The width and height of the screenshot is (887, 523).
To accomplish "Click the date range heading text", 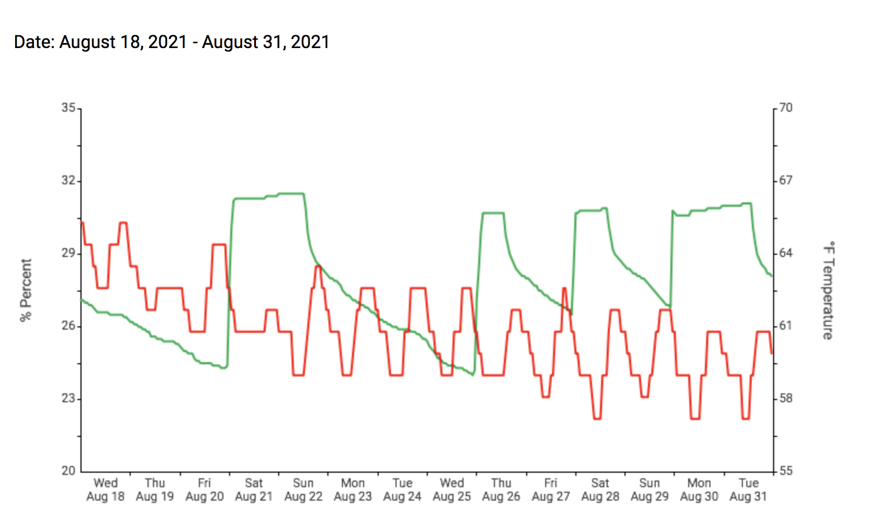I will tap(171, 42).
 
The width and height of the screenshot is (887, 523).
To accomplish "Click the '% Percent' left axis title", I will tap(26, 290).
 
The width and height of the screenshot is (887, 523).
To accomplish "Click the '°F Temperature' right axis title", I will tap(828, 290).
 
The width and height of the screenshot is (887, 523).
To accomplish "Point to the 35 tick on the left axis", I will tap(69, 107).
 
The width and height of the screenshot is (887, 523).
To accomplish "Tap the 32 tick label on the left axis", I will tap(69, 180).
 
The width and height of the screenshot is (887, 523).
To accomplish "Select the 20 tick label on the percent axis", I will tap(69, 471).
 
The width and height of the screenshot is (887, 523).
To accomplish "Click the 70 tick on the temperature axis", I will tap(786, 107).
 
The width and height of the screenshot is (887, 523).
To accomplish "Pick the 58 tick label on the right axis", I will tap(786, 398).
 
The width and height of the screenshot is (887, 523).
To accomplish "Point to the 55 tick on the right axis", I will tap(786, 471).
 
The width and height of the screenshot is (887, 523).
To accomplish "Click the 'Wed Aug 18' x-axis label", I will tap(106, 489).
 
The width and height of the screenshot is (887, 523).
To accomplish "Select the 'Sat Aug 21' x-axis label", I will tap(254, 489).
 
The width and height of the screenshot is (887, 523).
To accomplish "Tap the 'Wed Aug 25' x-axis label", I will tap(452, 489).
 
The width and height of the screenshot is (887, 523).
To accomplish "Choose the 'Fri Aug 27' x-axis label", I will tap(551, 489).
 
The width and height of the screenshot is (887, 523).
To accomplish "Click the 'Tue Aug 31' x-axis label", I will tap(748, 489).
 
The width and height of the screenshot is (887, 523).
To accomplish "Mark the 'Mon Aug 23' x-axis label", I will tap(352, 489).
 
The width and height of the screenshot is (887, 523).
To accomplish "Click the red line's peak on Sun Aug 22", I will tap(318, 267).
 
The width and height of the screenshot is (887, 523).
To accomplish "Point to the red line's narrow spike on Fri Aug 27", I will tap(564, 288).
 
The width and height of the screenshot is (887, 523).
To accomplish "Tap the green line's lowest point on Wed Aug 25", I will tap(473, 374).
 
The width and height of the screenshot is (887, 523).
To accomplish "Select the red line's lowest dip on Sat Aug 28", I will tap(597, 419).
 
